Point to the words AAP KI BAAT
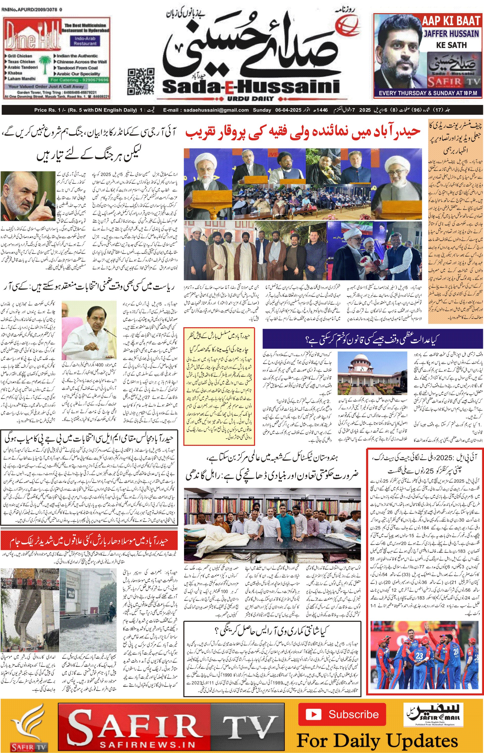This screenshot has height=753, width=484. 450,21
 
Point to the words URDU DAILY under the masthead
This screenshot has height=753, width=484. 250,99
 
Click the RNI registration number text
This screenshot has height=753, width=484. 31,10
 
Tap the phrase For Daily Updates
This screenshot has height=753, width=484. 377,740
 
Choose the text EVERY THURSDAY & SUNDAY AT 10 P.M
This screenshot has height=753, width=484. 428,93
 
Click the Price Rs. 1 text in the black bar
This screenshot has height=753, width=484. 47,110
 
